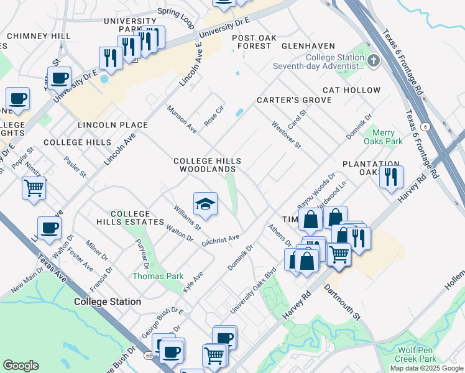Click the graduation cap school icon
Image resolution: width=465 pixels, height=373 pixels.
tap(206, 204)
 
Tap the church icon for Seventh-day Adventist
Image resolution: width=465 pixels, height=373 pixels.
tap(373, 60)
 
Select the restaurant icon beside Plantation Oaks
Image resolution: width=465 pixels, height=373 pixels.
tap(391, 177)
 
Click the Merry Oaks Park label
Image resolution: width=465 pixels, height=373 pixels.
tap(387, 137)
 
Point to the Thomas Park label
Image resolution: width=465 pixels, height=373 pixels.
tap(157, 276)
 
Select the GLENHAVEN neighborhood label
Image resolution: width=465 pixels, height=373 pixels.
tap(308, 46)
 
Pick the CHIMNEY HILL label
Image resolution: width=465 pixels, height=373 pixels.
tap(39, 36)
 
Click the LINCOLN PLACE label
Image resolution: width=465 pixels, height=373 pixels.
tap(113, 125)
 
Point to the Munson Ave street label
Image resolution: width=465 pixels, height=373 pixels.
tap(182, 119)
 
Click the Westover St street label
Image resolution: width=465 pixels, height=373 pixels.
tap(286, 135)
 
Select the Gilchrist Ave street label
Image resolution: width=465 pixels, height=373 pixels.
tap(221, 240)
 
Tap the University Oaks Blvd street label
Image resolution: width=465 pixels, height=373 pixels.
tap(253, 291)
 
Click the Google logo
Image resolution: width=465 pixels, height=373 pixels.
tap(21, 366)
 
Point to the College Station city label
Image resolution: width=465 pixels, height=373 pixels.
tap(107, 302)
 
